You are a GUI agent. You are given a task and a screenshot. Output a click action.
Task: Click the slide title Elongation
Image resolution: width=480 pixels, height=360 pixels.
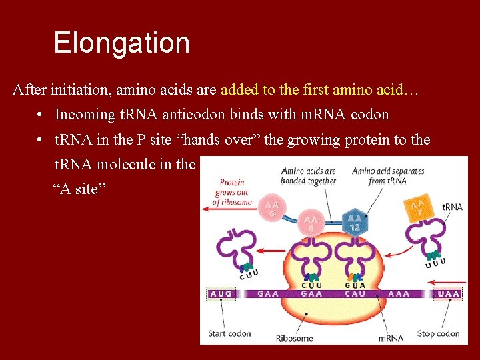(x=121, y=43)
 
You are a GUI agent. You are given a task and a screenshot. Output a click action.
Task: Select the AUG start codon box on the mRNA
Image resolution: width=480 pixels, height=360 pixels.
(x=221, y=293)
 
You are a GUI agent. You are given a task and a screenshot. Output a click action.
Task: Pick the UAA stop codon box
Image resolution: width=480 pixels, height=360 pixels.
(x=448, y=293)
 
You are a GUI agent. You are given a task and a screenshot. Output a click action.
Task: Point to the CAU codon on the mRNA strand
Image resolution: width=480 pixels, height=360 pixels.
(x=355, y=293)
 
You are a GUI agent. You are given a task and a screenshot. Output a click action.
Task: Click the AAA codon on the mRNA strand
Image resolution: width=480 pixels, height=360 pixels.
(x=399, y=293)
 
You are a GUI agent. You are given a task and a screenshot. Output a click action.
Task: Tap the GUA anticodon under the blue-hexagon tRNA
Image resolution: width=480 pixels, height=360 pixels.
(x=355, y=285)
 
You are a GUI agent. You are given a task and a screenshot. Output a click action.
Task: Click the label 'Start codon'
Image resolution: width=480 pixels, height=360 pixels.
(x=229, y=333)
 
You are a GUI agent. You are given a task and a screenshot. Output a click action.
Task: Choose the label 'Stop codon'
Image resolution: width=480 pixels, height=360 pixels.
(x=438, y=333)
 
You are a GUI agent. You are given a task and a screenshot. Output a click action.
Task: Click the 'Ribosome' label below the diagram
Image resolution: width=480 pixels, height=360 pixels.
(x=294, y=338)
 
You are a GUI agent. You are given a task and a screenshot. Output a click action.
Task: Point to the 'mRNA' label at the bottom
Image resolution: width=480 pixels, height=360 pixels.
(x=391, y=338)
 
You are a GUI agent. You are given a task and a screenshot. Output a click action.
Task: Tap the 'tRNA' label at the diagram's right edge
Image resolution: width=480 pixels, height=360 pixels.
(x=452, y=207)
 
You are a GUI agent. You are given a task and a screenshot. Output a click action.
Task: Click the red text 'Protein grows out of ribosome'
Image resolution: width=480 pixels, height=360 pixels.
(x=232, y=192)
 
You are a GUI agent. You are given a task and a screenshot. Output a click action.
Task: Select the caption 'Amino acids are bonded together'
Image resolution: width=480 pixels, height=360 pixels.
(x=308, y=176)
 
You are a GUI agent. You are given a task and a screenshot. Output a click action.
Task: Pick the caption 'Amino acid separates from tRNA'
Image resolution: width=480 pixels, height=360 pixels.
(x=388, y=176)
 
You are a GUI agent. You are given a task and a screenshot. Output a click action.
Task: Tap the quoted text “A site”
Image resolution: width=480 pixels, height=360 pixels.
(x=79, y=189)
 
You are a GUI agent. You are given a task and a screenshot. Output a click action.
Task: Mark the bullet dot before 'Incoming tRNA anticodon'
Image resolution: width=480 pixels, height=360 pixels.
(x=41, y=115)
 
